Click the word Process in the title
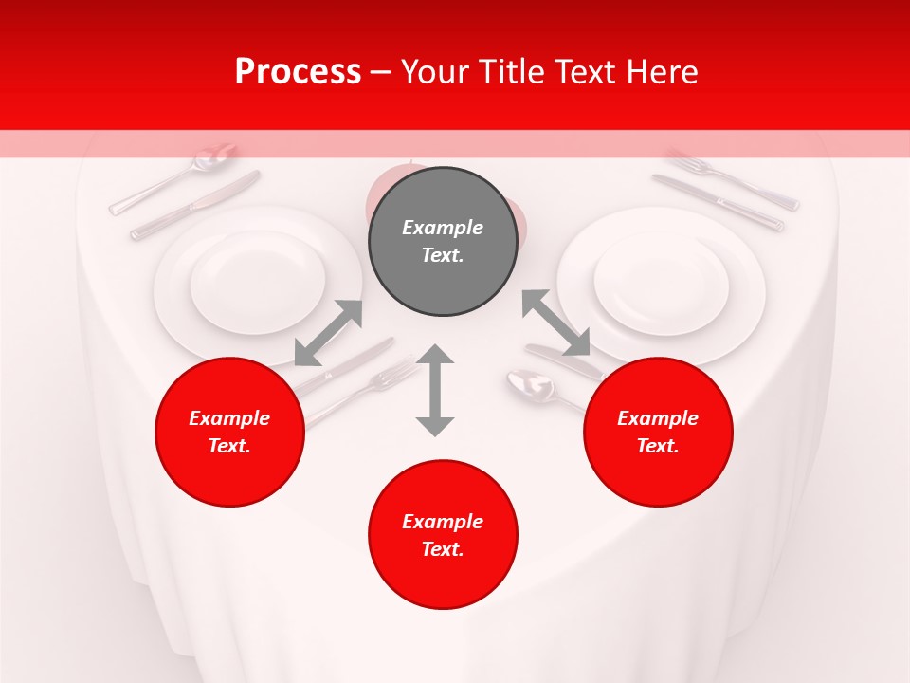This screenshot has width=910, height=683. [298, 72]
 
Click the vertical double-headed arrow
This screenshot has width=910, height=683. [435, 390]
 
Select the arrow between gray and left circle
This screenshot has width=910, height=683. [328, 332]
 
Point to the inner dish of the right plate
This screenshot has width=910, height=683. [661, 283]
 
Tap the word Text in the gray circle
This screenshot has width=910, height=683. [442, 255]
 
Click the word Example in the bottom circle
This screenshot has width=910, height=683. [442, 522]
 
